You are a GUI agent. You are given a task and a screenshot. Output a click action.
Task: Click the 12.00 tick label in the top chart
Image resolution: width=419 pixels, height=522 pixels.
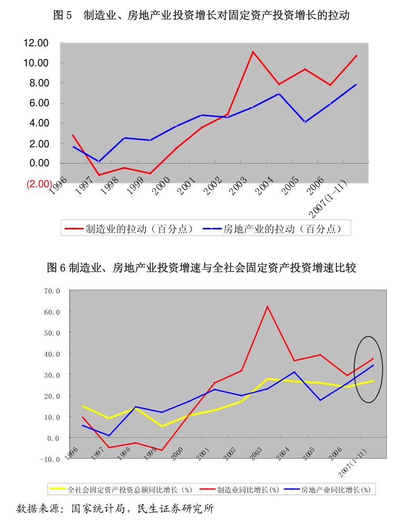pos(36,43)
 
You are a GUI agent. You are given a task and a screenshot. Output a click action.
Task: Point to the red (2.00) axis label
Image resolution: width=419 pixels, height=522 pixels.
pos(39,184)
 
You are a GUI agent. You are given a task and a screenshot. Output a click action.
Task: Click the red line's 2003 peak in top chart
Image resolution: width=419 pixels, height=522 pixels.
pos(253,52)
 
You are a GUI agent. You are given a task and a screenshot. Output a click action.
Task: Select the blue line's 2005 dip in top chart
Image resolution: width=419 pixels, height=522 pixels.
pos(305,122)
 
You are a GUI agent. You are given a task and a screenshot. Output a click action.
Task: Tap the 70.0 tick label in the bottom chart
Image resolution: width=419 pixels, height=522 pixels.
pos(53,290)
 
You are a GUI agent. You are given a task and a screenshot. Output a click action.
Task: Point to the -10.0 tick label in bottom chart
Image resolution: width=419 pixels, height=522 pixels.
pos(51,459)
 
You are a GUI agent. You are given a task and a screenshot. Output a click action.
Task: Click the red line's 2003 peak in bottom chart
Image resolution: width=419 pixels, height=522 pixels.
pos(267,306)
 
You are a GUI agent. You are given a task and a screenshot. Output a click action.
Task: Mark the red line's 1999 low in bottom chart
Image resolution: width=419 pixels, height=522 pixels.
pos(162,450)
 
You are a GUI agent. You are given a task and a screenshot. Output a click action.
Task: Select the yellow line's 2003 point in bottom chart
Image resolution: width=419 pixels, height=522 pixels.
pos(267,378)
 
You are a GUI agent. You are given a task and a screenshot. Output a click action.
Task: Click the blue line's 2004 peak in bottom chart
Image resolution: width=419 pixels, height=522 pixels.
pos(294,372)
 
